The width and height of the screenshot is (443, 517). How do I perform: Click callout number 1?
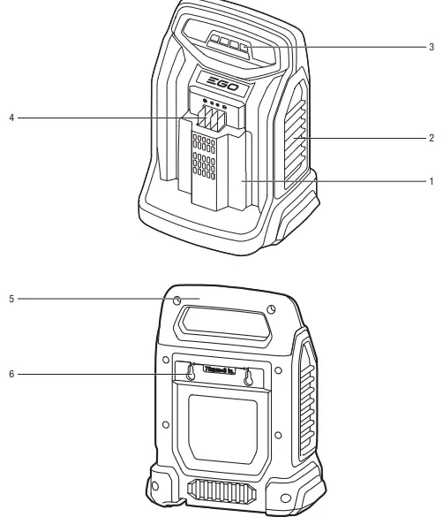(430, 179)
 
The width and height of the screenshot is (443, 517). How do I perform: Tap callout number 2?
(430, 139)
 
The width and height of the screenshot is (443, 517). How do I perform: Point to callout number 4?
(10, 116)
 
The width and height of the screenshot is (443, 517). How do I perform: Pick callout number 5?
(10, 299)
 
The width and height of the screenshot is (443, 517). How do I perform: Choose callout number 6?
(10, 373)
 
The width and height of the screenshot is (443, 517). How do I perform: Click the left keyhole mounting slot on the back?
(188, 375)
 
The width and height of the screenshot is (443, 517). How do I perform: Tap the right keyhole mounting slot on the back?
(248, 375)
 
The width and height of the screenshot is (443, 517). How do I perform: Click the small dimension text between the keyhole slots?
(218, 368)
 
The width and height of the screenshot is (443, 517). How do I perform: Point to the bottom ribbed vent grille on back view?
(221, 488)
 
